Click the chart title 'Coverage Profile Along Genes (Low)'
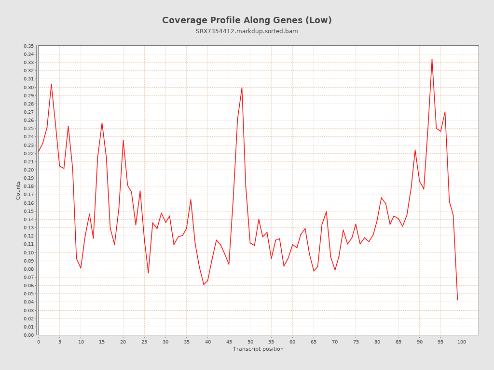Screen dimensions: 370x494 (x=247, y=20)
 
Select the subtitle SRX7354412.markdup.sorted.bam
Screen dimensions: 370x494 (x=247, y=31)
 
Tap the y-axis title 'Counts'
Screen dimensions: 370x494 (x=18, y=190)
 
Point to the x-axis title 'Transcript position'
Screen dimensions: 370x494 (x=258, y=349)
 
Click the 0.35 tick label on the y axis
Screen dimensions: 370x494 (x=28, y=46)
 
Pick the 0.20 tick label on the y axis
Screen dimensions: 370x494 (x=28, y=170)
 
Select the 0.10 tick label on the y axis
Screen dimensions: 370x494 (x=28, y=252)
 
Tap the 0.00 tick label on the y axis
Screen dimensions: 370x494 (x=28, y=335)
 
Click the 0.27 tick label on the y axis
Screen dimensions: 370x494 (x=28, y=112)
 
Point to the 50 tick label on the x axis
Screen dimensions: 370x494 (x=250, y=342)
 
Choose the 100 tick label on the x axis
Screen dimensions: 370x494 (x=462, y=342)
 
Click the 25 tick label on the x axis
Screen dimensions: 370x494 (x=144, y=342)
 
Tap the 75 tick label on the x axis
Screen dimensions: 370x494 (x=356, y=342)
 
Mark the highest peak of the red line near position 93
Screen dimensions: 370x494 (x=432, y=59)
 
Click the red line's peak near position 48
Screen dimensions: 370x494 (x=242, y=88)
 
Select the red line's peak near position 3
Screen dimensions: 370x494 (x=51, y=84)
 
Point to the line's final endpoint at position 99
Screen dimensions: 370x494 (x=457, y=300)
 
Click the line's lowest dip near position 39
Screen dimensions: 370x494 (x=204, y=284)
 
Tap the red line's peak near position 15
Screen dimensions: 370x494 (x=102, y=123)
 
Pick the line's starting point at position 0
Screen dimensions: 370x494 (x=39, y=152)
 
